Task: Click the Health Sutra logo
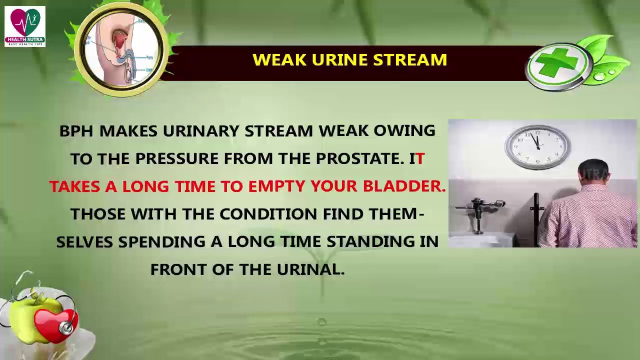[25, 26]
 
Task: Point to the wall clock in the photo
[537, 147]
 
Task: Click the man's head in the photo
[594, 172]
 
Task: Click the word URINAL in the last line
[317, 270]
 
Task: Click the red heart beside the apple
[55, 324]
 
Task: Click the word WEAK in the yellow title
[279, 60]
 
